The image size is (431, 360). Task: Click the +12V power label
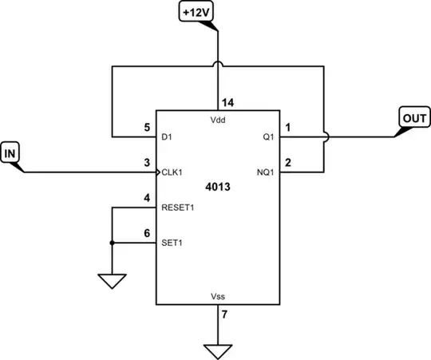tap(196, 13)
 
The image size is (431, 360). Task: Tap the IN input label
tap(10, 152)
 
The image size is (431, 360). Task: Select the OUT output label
tap(414, 118)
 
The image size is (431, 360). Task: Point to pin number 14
tap(227, 103)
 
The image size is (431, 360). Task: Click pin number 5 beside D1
tap(146, 127)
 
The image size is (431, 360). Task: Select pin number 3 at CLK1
tap(146, 163)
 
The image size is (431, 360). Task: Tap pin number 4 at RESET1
tap(146, 198)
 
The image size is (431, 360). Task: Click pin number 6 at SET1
tap(146, 233)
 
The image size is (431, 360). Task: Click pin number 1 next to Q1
tap(289, 127)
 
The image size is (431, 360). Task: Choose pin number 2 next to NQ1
tap(289, 163)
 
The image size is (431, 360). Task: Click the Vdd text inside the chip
tap(218, 120)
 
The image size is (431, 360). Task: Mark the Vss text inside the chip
tap(218, 296)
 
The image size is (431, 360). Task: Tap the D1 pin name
tap(166, 136)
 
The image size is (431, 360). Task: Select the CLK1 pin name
tap(172, 172)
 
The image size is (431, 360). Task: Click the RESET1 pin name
tap(177, 207)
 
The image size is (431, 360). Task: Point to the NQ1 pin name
tap(267, 172)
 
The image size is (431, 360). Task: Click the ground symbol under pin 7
tap(217, 350)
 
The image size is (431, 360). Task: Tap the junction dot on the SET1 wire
tap(113, 243)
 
